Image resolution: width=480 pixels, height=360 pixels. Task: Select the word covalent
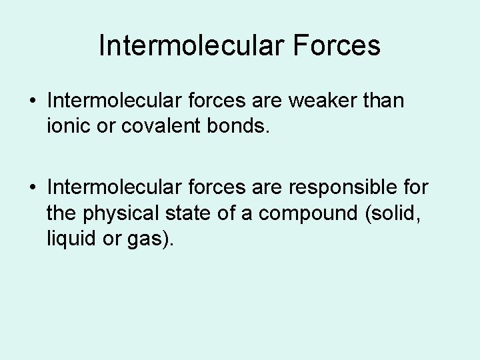point(159,127)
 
